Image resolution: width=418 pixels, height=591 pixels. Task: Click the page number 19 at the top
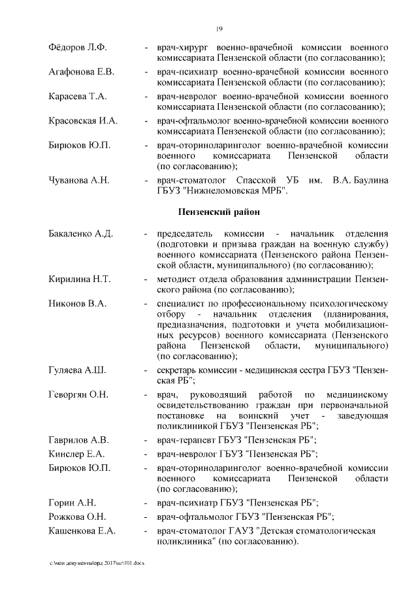tap(219, 28)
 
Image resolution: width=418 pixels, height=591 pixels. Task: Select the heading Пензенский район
tap(219, 212)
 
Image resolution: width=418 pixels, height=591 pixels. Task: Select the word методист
tap(176, 280)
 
